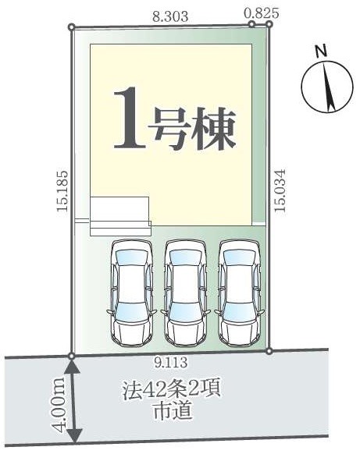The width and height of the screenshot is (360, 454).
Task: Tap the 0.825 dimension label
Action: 262,12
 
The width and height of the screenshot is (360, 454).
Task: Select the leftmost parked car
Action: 133,293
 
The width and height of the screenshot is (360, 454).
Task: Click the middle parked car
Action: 186,293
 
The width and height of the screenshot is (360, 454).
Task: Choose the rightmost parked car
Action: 239,293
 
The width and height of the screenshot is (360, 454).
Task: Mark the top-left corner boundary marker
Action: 73,28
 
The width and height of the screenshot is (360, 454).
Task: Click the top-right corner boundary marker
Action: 269,23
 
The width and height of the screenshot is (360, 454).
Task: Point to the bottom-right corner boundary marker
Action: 269,351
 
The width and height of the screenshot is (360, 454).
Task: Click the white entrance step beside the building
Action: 119,215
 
